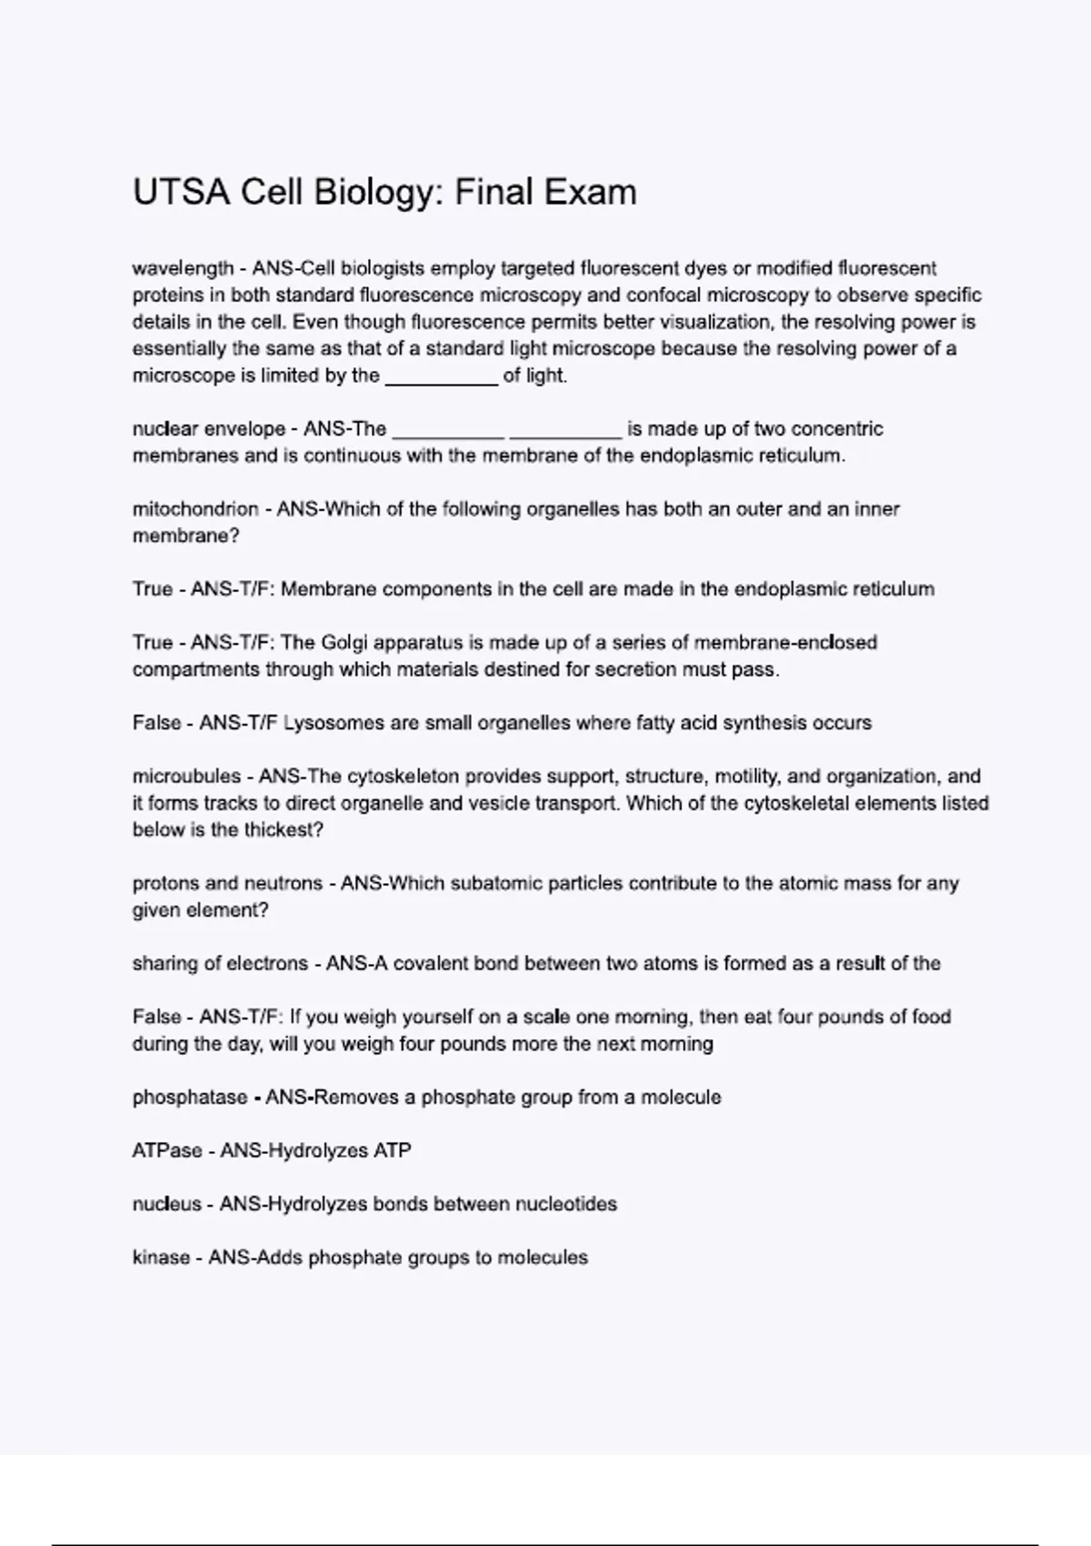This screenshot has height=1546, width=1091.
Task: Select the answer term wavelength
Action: pos(183,268)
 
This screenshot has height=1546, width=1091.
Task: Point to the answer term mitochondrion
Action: pos(195,509)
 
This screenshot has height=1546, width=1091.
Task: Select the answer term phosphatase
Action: pos(189,1098)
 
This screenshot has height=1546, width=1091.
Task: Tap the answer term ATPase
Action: pos(167,1150)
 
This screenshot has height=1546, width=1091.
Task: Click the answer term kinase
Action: pos(161,1258)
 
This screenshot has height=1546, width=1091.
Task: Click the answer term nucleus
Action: pos(166,1204)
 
